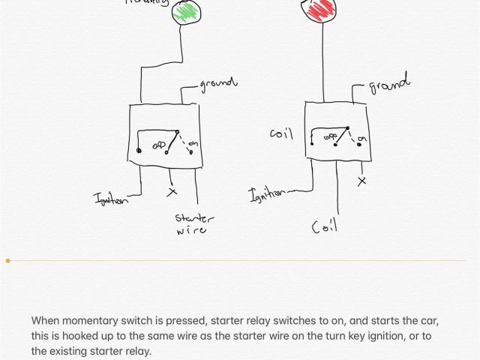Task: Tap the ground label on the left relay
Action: (217, 83)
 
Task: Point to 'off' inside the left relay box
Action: (160, 143)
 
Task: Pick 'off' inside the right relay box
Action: (331, 137)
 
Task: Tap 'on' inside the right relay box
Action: (362, 139)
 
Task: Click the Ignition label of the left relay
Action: (110, 199)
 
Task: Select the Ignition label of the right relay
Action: (266, 194)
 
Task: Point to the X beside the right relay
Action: (364, 181)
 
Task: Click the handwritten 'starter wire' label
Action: (193, 224)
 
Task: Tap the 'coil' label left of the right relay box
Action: (281, 134)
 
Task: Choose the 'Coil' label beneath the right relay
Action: (324, 225)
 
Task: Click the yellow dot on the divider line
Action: (8, 261)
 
